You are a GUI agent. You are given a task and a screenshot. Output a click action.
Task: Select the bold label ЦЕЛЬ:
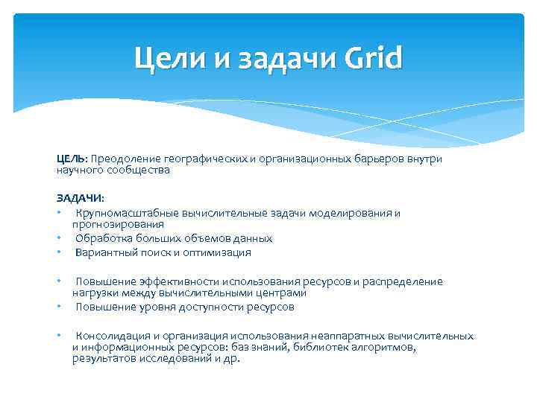pos(72,159)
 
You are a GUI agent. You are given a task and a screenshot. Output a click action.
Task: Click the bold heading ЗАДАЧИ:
pos(81,198)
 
